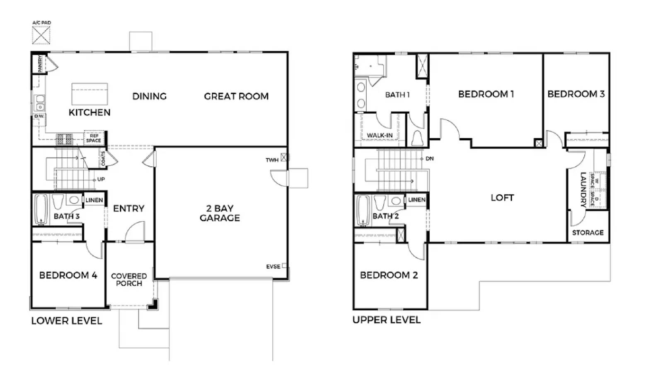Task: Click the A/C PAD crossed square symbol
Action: (41, 35)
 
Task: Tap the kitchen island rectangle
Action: (90, 94)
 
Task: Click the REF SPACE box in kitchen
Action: (94, 138)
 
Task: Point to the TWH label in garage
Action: (272, 160)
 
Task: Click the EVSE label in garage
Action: (273, 266)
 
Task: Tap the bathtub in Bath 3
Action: (41, 209)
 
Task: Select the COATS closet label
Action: (103, 158)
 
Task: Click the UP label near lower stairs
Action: (101, 179)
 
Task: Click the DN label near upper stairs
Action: (430, 158)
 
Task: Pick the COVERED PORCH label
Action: (129, 280)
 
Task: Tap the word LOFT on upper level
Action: (502, 198)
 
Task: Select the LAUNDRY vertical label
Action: (583, 190)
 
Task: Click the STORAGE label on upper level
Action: (588, 233)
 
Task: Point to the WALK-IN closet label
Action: (380, 135)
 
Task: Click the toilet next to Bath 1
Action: (417, 138)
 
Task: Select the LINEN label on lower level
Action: (94, 200)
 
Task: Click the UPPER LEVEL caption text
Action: (386, 320)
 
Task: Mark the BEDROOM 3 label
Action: (576, 94)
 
